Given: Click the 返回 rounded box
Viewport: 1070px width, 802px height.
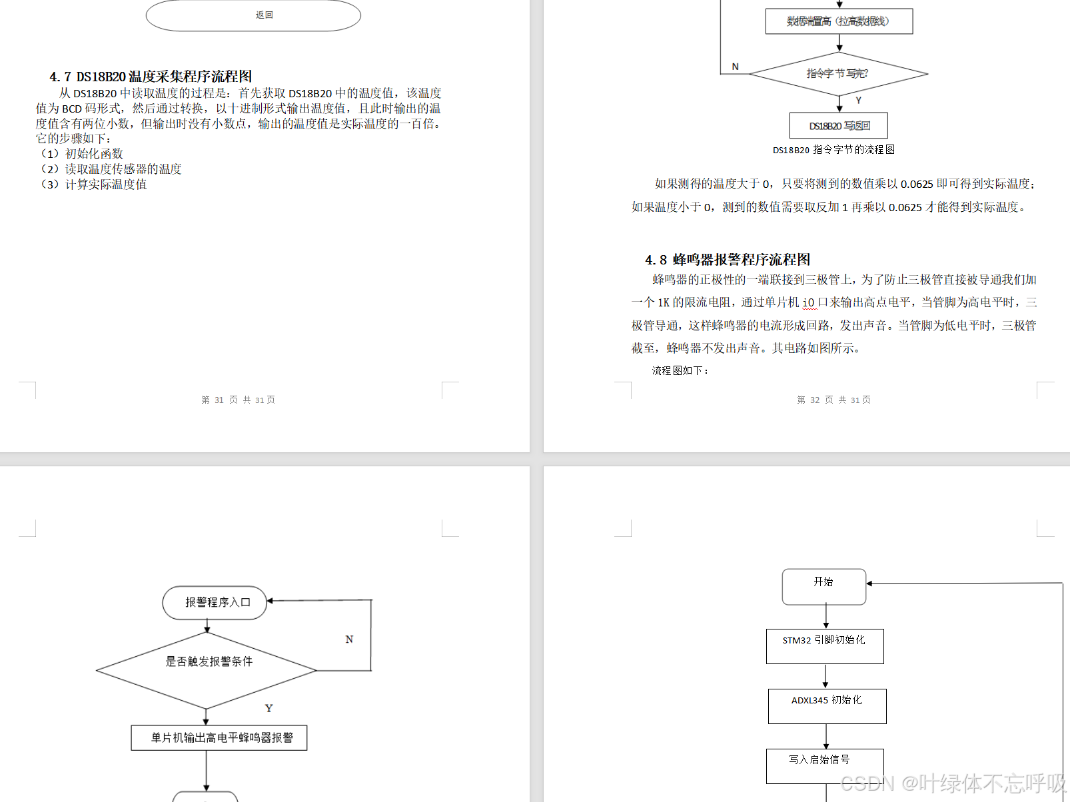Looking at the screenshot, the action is pyautogui.click(x=253, y=15).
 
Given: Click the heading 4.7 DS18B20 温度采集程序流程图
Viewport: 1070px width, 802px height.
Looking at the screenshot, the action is pyautogui.click(x=151, y=77).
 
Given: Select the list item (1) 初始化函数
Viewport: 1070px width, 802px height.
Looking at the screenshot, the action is pyautogui.click(x=82, y=154).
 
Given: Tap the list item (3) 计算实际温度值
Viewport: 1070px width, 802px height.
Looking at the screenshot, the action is pyautogui.click(x=94, y=185).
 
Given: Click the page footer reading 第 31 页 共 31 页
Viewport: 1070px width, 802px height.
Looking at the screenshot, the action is pyautogui.click(x=238, y=400).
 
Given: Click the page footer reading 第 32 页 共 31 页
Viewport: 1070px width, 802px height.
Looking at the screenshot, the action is pyautogui.click(x=833, y=400).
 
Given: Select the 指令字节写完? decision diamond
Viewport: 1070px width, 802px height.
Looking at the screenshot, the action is pyautogui.click(x=838, y=74).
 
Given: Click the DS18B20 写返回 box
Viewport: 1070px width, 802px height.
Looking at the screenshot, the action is pyautogui.click(x=839, y=125).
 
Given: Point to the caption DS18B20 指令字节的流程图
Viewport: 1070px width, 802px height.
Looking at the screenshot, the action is pyautogui.click(x=833, y=150).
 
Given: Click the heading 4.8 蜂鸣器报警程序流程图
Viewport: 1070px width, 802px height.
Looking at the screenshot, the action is pyautogui.click(x=728, y=260).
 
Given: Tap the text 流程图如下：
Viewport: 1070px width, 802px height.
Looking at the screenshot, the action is pyautogui.click(x=680, y=370).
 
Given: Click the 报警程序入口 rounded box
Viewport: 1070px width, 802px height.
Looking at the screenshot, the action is pyautogui.click(x=215, y=603).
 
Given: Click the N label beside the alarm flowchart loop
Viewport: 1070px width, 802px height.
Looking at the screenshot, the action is pyautogui.click(x=349, y=639).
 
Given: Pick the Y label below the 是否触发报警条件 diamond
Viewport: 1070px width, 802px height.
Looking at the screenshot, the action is pyautogui.click(x=268, y=708).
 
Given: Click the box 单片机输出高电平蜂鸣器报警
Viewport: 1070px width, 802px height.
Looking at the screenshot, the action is pyautogui.click(x=219, y=738).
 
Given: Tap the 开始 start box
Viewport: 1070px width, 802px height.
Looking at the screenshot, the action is pyautogui.click(x=824, y=586).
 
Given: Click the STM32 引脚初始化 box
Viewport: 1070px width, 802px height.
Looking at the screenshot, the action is pyautogui.click(x=825, y=646).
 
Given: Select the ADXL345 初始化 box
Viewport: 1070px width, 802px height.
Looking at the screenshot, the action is pyautogui.click(x=827, y=706).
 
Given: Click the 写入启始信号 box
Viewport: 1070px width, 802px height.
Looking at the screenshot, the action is pyautogui.click(x=825, y=765).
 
